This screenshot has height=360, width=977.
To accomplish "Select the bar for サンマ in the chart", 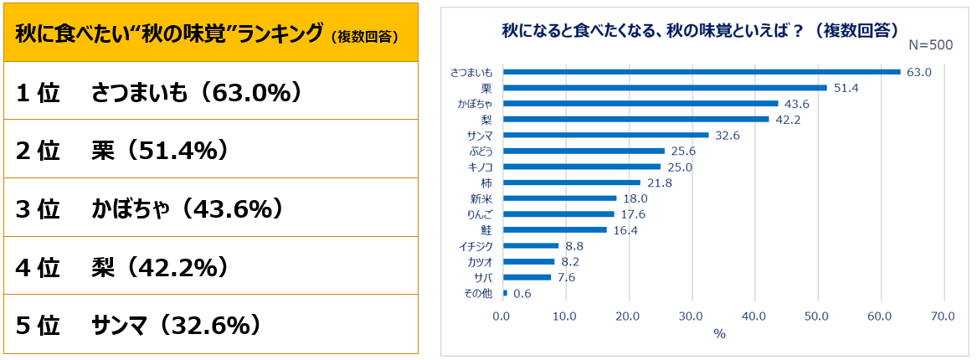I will coord(605,135).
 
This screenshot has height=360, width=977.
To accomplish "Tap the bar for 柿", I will coord(571,183).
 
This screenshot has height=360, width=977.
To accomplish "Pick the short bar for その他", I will coord(505,293).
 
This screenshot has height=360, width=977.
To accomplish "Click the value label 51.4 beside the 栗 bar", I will coord(844,88).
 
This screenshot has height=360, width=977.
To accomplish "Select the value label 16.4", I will coord(624,230).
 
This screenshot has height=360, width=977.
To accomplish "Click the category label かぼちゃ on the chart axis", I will coord(475,104).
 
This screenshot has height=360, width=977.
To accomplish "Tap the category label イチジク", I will coord(476,246).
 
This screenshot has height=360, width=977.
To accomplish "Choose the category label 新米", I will coord(482,198).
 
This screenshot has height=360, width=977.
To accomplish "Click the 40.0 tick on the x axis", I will coord(754,316).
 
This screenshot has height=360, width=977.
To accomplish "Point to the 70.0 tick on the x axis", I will coord(944,316).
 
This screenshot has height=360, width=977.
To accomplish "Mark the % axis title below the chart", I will coord(718,333).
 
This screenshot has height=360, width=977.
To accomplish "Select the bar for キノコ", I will coord(581,167).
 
